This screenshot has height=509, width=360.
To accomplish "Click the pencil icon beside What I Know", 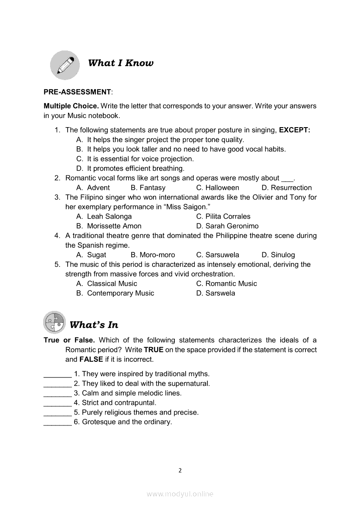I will [65, 64].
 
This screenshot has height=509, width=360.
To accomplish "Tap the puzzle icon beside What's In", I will [54, 323].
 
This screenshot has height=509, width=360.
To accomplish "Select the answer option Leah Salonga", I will [109, 216].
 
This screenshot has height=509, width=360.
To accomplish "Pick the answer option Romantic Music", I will [231, 283].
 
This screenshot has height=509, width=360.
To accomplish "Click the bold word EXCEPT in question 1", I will [294, 130].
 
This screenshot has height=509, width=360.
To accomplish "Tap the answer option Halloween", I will [222, 188].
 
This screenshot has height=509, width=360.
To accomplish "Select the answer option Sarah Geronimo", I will [232, 226].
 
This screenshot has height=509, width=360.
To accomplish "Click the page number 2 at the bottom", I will [180, 470].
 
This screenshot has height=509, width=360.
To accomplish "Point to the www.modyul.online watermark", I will [180, 494].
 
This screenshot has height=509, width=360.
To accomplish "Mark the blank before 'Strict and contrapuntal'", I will [58, 403].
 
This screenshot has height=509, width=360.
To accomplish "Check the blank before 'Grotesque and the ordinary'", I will [58, 422].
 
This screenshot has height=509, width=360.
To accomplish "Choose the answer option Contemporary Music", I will [120, 293].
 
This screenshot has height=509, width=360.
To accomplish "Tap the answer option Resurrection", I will [291, 188].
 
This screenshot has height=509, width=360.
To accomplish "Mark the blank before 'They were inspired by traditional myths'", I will [58, 374].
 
